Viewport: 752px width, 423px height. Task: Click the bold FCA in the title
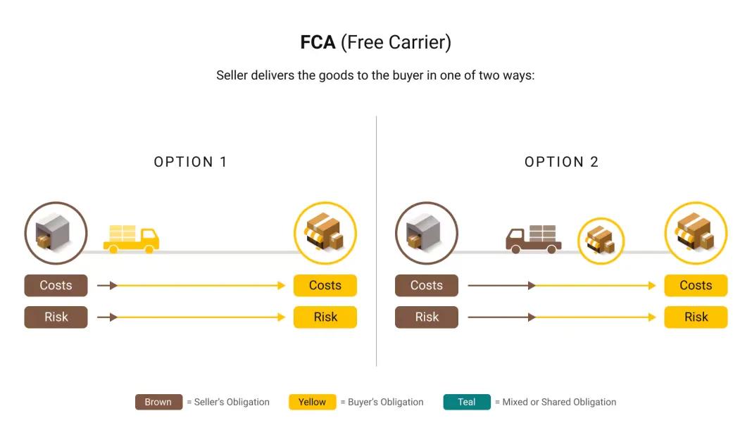[318, 42]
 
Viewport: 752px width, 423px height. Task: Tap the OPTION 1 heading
[191, 162]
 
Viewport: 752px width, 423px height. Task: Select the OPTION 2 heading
[561, 162]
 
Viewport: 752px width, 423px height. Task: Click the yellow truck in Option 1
[131, 239]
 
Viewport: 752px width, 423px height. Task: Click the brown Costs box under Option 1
[56, 286]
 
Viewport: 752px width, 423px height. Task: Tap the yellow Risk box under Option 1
[325, 317]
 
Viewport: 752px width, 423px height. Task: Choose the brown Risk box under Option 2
[427, 317]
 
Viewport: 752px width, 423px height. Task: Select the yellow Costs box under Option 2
[696, 286]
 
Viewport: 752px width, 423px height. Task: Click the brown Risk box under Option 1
[56, 317]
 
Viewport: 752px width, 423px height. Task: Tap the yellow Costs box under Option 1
[325, 286]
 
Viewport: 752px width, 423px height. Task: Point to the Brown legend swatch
[158, 402]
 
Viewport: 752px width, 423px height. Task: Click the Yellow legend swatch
[312, 402]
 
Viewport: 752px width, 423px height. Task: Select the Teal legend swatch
[467, 402]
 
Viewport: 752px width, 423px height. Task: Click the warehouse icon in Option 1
[56, 233]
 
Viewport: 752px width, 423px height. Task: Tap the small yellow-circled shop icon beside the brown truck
[601, 241]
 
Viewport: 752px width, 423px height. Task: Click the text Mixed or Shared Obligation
[559, 402]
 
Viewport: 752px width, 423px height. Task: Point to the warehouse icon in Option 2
[427, 233]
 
